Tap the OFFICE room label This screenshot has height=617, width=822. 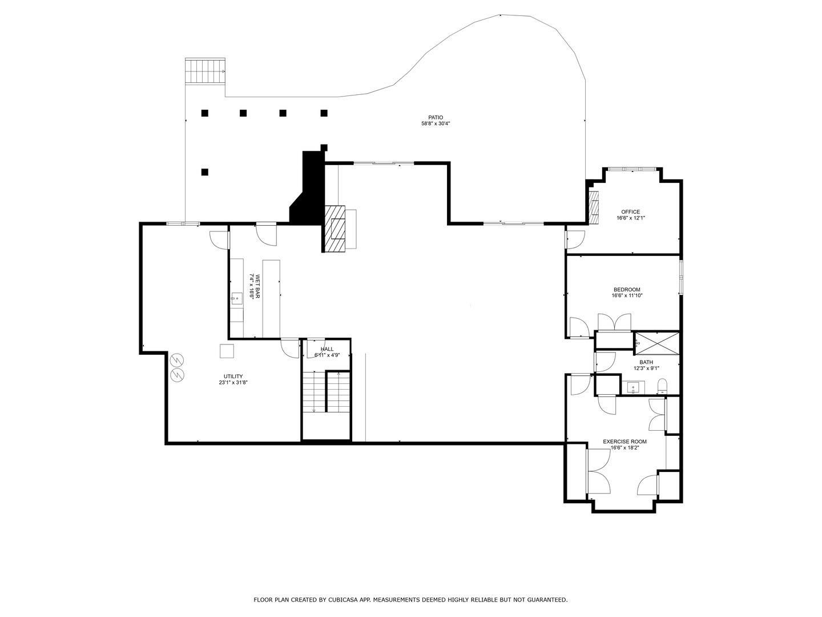click(631, 212)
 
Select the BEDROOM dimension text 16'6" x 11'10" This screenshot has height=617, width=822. click(627, 296)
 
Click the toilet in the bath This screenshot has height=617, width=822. click(662, 387)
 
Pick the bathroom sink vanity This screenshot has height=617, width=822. click(634, 388)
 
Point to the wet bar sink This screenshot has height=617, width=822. click(236, 298)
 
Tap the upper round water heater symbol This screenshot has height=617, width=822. click(178, 360)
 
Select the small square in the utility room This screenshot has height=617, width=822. click(227, 350)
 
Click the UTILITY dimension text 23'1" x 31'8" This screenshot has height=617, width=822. click(233, 383)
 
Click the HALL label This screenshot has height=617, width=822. click(327, 349)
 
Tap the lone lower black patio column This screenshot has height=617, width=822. click(205, 171)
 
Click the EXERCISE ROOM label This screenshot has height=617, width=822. click(625, 442)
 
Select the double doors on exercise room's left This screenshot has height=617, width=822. click(598, 471)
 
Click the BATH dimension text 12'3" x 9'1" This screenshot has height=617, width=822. click(646, 368)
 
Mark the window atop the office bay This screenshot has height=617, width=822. click(631, 169)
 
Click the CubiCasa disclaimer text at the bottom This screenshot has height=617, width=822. click(410, 600)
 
